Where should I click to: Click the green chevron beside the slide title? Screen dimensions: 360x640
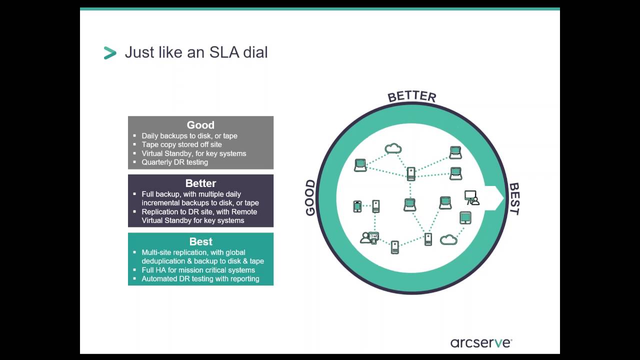click(110, 52)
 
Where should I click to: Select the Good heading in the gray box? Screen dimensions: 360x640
click(200, 125)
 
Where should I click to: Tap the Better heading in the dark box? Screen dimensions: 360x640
click(200, 183)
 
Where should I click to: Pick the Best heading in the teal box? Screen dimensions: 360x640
click(200, 242)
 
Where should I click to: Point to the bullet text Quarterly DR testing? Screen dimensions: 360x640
click(174, 162)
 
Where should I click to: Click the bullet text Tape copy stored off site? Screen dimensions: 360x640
click(181, 144)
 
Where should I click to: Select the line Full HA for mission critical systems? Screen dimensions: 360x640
click(198, 270)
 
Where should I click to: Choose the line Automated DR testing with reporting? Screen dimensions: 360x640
click(200, 278)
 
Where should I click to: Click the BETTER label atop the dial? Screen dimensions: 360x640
click(412, 96)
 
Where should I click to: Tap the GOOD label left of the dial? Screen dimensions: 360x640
click(310, 197)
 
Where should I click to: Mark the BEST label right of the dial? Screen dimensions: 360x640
click(514, 198)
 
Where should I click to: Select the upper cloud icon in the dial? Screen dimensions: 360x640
click(393, 148)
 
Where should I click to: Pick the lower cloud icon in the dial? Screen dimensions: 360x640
click(448, 240)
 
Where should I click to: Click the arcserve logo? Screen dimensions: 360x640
click(481, 342)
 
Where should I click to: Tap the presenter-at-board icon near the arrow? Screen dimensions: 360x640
click(471, 197)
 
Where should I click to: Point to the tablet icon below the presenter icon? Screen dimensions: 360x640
click(465, 218)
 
